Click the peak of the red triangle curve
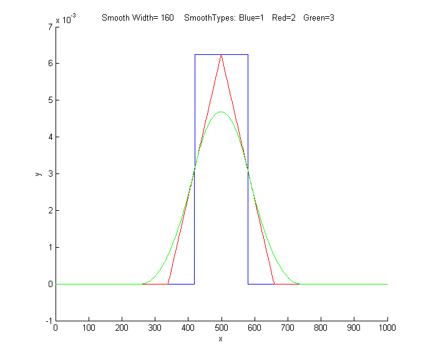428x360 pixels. (x=221, y=56)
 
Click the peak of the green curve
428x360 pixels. (x=221, y=112)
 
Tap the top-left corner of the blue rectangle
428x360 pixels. (x=195, y=55)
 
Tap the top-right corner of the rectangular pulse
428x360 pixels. (x=248, y=55)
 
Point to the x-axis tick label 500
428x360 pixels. (x=221, y=327)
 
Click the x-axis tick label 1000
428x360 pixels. (x=387, y=327)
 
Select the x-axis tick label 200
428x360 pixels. (x=122, y=327)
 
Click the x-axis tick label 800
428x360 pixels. (x=321, y=327)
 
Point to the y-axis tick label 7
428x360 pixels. (x=49, y=27)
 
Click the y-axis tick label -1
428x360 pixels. (x=48, y=321)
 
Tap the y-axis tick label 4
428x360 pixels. (x=49, y=137)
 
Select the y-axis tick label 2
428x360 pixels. (x=49, y=210)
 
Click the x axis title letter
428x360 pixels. (x=221, y=339)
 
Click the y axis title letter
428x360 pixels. (x=39, y=173)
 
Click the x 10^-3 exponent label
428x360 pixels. (x=66, y=20)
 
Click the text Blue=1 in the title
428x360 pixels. (x=252, y=18)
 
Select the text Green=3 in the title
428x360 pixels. (x=319, y=18)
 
